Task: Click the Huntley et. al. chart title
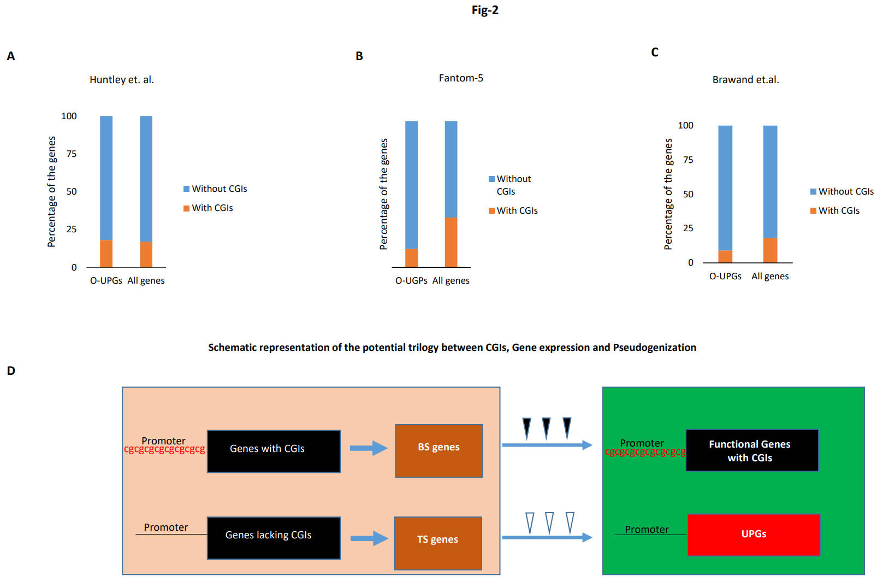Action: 122,80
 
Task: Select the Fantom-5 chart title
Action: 461,78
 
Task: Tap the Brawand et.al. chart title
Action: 745,80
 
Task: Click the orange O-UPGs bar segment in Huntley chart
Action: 106,254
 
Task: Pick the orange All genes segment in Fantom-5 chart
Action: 451,242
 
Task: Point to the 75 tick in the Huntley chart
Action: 72,154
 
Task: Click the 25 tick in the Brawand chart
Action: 688,228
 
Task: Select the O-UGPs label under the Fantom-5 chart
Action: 411,281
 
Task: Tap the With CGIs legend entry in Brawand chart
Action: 835,211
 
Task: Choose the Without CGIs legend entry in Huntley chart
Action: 215,189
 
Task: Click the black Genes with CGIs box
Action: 274,451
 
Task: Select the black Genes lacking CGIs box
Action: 274,538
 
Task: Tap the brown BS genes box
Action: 439,451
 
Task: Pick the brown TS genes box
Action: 438,543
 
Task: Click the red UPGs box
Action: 754,535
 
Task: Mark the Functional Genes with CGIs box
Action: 752,450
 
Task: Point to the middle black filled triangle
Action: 546,427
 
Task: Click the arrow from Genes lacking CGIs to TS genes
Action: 369,538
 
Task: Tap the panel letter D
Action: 11,371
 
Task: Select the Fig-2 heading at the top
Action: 485,10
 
